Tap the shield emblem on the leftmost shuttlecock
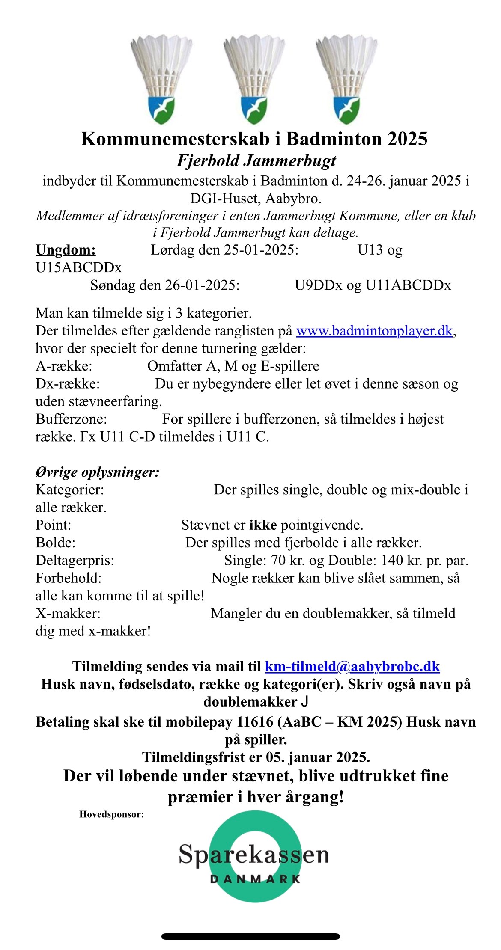click(x=161, y=109)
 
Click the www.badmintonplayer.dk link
click(x=374, y=331)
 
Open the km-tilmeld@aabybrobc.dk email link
click(x=352, y=666)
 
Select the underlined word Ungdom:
click(x=66, y=249)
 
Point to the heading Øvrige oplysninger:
click(x=97, y=472)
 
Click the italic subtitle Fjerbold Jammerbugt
click(x=256, y=161)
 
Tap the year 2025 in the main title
click(x=407, y=139)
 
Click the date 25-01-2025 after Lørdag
click(x=260, y=249)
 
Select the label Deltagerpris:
click(x=75, y=560)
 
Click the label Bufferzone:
click(x=71, y=419)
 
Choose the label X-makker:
click(x=68, y=613)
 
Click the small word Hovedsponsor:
click(x=111, y=814)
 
